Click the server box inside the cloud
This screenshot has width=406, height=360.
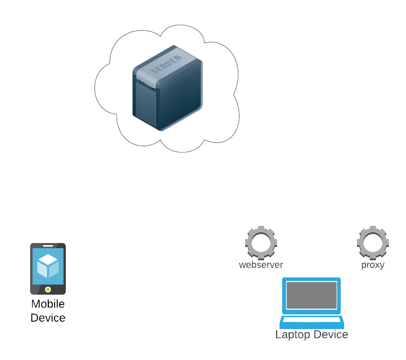click(167, 88)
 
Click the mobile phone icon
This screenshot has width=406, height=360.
click(48, 269)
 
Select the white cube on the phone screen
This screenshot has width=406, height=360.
click(48, 266)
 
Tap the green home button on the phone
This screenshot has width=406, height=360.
click(48, 289)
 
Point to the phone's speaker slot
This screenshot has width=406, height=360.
click(48, 246)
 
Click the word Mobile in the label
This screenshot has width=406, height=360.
click(48, 304)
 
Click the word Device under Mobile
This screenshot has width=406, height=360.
click(48, 318)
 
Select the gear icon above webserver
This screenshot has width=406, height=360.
click(261, 242)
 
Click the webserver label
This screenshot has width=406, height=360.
click(261, 265)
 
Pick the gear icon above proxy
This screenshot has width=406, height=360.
click(372, 242)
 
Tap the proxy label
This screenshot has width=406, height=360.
click(372, 265)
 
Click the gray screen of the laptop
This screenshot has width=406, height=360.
click(311, 295)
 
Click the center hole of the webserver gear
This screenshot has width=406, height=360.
click(261, 242)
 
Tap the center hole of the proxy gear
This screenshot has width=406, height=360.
click(372, 242)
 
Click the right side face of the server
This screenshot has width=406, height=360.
click(181, 97)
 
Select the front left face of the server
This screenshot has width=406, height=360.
click(145, 101)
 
